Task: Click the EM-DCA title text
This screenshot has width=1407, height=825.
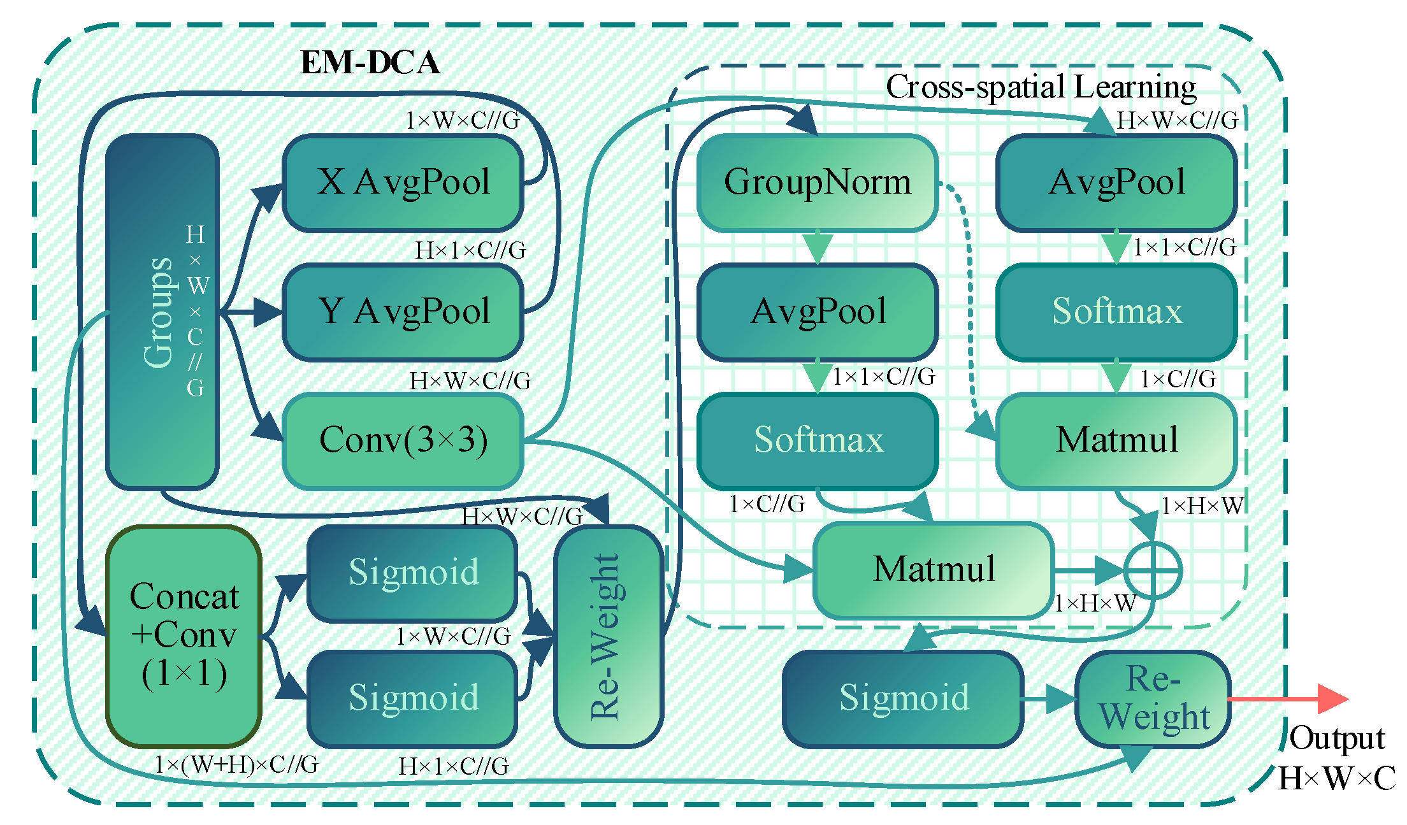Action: [370, 62]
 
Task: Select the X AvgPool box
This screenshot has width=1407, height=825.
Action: [403, 183]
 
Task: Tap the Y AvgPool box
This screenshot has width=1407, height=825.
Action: [403, 312]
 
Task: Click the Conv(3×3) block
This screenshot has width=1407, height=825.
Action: [403, 441]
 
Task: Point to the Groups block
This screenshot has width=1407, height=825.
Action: [162, 312]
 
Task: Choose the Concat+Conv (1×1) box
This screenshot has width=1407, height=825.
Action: [184, 636]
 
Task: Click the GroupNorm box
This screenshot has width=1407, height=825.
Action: [817, 183]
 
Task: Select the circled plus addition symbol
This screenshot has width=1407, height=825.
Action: [1152, 571]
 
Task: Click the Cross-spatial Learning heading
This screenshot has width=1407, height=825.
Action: [1041, 87]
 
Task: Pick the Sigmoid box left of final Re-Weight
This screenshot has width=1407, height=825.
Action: [903, 698]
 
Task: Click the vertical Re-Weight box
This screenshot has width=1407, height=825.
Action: [609, 636]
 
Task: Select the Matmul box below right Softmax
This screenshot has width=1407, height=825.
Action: [1116, 441]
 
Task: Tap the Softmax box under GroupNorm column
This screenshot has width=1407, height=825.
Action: [818, 441]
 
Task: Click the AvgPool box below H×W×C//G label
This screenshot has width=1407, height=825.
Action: [1116, 183]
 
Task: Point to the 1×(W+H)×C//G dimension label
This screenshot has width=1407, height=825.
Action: [236, 764]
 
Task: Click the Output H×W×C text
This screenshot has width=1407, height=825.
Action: [1336, 758]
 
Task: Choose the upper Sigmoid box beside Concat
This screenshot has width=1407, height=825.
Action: [412, 572]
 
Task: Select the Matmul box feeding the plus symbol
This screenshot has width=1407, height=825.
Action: [934, 570]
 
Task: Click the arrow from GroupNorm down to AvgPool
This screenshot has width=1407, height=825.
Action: [818, 248]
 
